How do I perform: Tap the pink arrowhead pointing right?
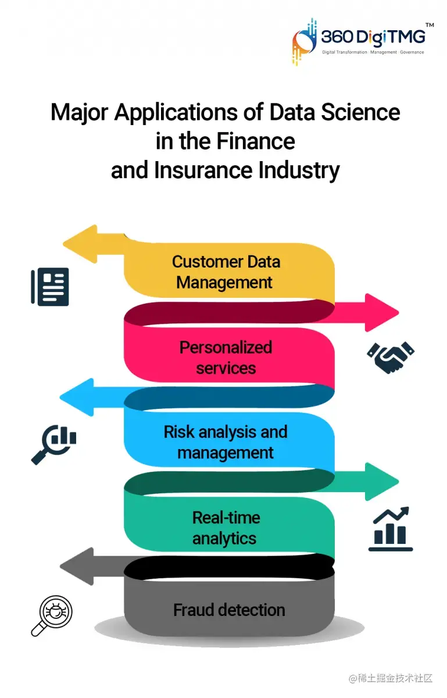point(381,312)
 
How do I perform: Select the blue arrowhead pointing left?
point(77,397)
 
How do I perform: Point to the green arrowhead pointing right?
point(381,481)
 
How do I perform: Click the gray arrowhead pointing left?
point(77,566)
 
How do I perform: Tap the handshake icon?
point(391,355)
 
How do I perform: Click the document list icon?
point(50,287)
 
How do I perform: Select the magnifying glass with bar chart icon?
point(53,444)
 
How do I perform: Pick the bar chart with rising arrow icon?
point(391,529)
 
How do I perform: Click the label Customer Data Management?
point(226,272)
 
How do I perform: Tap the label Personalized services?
point(226,357)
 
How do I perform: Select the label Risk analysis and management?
point(226,442)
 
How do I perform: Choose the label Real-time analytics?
point(225,528)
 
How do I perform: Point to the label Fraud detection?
point(229,610)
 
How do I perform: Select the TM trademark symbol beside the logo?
point(430,25)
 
